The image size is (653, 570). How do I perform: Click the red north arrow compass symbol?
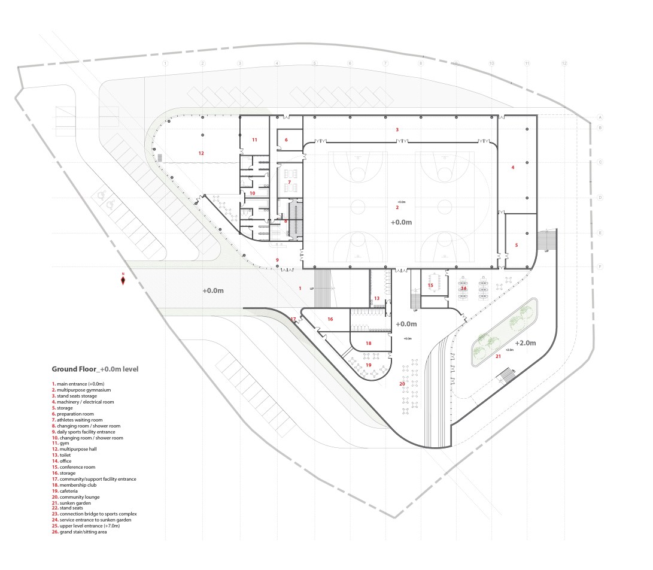click(x=123, y=279)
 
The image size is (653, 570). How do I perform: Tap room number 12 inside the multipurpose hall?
click(x=201, y=153)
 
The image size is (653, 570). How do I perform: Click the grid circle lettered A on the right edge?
click(x=599, y=117)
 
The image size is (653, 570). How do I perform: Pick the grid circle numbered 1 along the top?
click(x=166, y=63)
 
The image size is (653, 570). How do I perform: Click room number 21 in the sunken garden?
click(x=497, y=356)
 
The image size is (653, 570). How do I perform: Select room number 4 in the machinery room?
click(x=513, y=168)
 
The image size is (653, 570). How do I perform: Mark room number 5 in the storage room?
click(x=517, y=245)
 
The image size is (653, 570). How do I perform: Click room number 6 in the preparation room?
click(x=286, y=140)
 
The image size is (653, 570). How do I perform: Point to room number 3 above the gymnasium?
click(x=397, y=129)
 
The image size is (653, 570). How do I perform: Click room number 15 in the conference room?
click(x=430, y=286)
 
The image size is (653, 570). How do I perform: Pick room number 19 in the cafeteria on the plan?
click(x=369, y=365)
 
